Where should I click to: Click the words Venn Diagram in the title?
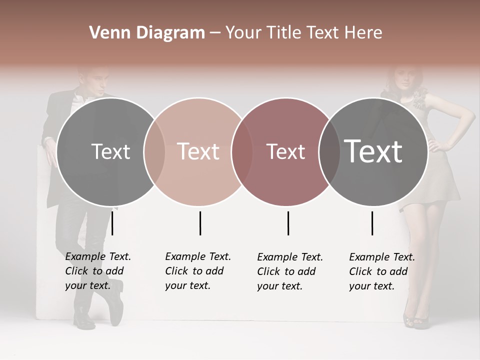click(x=147, y=33)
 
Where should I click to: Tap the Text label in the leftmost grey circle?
click(x=110, y=151)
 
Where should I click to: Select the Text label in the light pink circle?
click(x=198, y=151)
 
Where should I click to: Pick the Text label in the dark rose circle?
click(x=285, y=151)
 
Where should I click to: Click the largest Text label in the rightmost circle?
click(x=373, y=151)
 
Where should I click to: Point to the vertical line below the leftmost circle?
click(x=112, y=223)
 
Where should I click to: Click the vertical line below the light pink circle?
click(x=200, y=223)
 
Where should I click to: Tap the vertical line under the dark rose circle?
click(x=288, y=223)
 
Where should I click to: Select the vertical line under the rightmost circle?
click(x=372, y=223)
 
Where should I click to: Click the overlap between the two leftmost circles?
click(x=154, y=152)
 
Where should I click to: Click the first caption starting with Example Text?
click(x=97, y=271)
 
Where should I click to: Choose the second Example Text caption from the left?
click(x=197, y=271)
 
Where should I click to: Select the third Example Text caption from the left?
click(x=289, y=271)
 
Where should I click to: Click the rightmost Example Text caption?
click(x=381, y=271)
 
